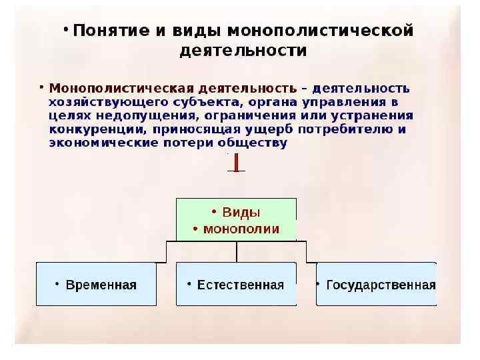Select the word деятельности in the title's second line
[243, 51]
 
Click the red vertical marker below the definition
[236, 162]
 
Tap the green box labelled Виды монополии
[237, 219]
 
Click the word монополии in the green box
[241, 229]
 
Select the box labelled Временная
[96, 284]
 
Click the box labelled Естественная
[237, 284]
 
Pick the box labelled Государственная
[377, 284]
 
